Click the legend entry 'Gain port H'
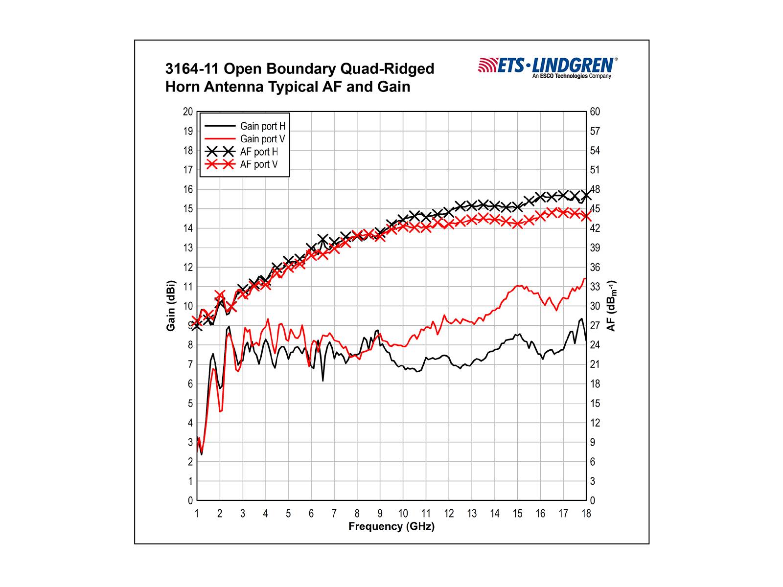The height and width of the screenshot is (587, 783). tap(262, 126)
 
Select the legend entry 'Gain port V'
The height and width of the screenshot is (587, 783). tap(262, 139)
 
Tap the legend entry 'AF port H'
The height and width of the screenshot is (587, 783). tap(259, 152)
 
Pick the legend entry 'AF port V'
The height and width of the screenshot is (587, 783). tap(259, 164)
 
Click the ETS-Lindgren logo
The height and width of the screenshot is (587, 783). tap(548, 66)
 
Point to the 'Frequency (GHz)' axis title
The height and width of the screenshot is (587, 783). tap(391, 527)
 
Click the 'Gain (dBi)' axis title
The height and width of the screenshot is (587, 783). tap(171, 306)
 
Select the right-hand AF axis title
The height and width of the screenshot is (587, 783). tap(611, 306)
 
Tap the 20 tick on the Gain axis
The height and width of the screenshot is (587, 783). tap(188, 112)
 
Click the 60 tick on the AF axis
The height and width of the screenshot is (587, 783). tap(595, 112)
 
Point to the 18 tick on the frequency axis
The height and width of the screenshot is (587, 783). tap(586, 514)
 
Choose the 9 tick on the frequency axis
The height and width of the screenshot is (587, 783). tap(380, 514)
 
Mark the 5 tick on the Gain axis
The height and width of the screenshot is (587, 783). tap(190, 404)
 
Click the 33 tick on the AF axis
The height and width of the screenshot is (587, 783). tap(595, 287)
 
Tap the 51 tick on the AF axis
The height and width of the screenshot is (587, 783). tap(595, 170)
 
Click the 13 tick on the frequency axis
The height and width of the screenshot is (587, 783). tap(472, 514)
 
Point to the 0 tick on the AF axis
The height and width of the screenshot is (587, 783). tap(592, 500)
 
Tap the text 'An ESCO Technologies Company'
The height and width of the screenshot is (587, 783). tap(572, 76)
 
